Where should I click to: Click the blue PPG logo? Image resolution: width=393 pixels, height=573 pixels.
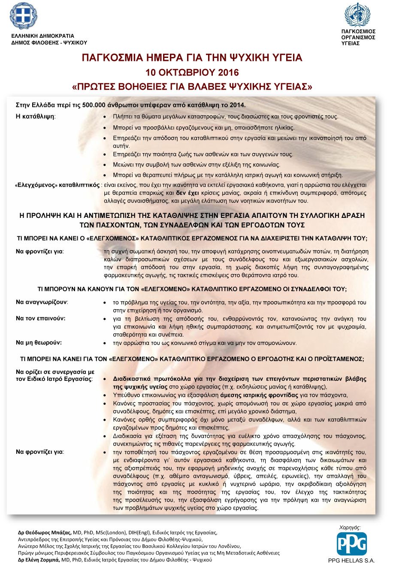351,543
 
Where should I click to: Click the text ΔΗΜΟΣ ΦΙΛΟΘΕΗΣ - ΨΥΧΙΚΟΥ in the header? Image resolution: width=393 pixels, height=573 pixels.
49,42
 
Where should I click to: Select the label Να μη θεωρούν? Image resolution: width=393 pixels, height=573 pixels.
39,343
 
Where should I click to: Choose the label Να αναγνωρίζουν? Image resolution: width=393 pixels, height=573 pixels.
42,302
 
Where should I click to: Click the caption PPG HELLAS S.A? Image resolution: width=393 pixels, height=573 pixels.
351,560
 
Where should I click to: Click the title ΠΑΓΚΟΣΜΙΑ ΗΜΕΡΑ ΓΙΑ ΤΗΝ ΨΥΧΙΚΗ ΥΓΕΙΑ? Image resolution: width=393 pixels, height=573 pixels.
192,58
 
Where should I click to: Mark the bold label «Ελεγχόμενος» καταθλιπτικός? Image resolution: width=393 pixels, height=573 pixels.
57,185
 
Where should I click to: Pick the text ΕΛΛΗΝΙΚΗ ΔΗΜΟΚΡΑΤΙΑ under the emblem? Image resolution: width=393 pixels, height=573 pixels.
42,36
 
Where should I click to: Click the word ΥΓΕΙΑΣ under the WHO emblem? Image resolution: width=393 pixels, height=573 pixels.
351,43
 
